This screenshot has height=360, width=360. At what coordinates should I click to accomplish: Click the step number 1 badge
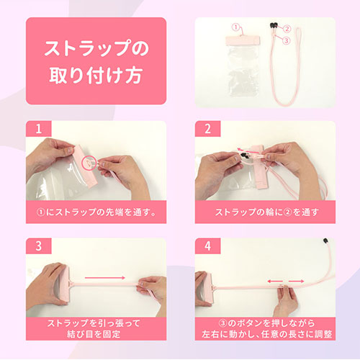[x=39, y=129]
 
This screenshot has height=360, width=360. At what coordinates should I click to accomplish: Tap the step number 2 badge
[x=207, y=129]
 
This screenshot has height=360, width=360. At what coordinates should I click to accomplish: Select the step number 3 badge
[x=39, y=246]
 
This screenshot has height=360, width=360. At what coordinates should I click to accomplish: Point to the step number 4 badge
[x=207, y=246]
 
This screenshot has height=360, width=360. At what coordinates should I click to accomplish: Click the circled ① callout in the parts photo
[x=235, y=27]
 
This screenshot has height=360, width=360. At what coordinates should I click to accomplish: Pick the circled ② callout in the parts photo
[x=287, y=29]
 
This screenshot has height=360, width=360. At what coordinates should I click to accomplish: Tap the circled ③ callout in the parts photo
[x=286, y=40]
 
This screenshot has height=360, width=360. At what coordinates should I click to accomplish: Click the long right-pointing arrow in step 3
[x=105, y=278]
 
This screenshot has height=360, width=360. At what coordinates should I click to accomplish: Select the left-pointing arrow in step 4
[x=275, y=281]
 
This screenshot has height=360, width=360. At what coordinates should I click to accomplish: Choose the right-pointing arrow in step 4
[x=296, y=281]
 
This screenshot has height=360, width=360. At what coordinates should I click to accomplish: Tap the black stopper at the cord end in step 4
[x=325, y=240]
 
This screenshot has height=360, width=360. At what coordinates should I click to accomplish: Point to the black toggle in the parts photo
[x=274, y=25]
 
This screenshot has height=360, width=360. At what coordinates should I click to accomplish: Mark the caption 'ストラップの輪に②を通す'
[x=266, y=212]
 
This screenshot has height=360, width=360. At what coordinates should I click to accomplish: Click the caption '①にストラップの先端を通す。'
[x=96, y=212]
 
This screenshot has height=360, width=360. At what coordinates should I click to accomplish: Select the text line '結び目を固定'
[x=94, y=334]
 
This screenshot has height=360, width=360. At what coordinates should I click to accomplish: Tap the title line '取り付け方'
[x=96, y=76]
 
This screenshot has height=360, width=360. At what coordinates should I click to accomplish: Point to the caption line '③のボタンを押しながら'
[x=266, y=323]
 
